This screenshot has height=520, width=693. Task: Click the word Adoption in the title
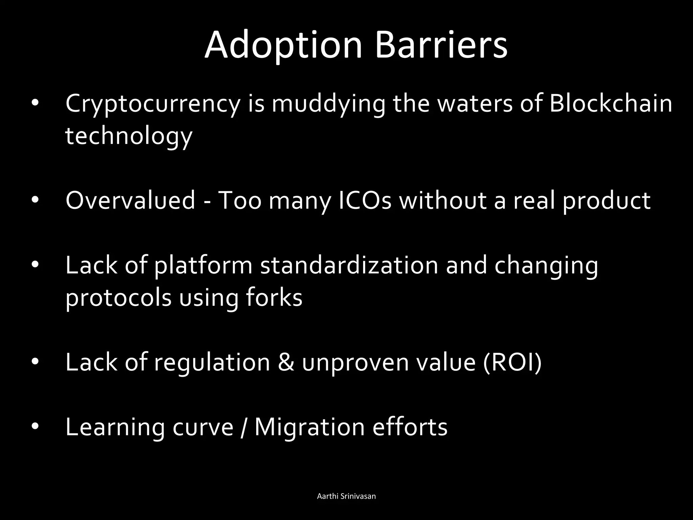284,46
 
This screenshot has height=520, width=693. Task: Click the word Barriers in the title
441,46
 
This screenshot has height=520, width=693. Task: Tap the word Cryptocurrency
152,104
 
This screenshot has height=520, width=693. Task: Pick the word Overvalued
131,200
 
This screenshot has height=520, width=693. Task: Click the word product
606,201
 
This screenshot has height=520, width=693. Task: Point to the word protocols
118,298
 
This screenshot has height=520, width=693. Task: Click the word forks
274,298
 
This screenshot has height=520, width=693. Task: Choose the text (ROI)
512,363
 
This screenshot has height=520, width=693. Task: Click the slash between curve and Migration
243,428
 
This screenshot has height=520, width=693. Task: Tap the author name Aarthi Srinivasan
346,496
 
